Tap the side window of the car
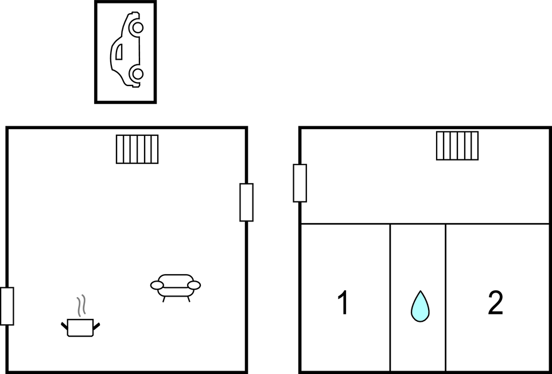(x=119, y=52)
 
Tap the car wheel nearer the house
(x=137, y=73)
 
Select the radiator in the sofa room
(x=137, y=149)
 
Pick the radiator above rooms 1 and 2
(x=457, y=146)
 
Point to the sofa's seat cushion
(x=176, y=292)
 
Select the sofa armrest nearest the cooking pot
(x=157, y=285)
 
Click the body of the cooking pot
(x=80, y=328)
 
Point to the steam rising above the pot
(x=81, y=305)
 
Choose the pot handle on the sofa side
(x=96, y=326)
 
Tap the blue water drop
(x=421, y=307)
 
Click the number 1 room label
(x=343, y=303)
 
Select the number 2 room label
(x=495, y=303)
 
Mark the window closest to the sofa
(x=246, y=202)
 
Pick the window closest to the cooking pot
(x=7, y=306)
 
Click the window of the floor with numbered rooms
(x=300, y=184)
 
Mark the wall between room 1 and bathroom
(x=390, y=298)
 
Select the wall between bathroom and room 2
(x=446, y=298)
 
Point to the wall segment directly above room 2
(x=497, y=223)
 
